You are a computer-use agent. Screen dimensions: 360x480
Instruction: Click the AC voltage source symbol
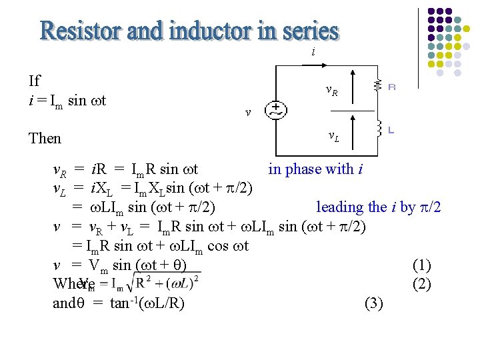tap(275, 111)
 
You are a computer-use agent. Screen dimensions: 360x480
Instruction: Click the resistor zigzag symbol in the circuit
tap(377, 85)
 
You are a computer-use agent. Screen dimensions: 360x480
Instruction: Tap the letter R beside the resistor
tap(391, 86)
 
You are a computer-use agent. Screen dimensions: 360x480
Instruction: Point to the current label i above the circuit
tap(313, 52)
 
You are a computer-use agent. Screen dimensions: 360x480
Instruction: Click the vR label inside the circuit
tap(331, 90)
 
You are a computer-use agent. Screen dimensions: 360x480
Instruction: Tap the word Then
tap(45, 139)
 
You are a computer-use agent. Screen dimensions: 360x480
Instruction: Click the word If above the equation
tap(35, 81)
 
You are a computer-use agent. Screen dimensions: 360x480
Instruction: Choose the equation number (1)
tap(421, 265)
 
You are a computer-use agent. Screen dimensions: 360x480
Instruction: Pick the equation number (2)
tap(421, 284)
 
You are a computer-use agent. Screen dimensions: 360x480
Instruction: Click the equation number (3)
tap(374, 304)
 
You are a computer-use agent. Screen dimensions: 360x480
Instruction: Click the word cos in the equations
tap(218, 247)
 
